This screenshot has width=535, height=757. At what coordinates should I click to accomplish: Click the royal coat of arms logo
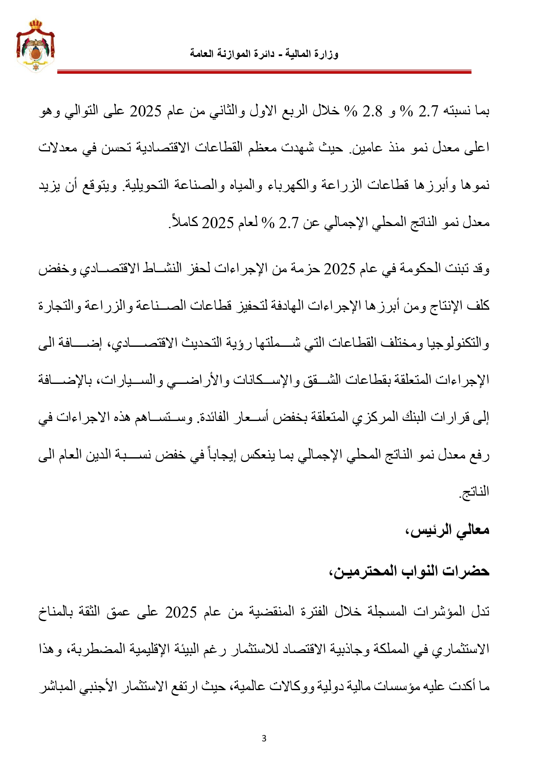click(35, 45)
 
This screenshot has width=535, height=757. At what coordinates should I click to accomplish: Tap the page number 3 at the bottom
click(264, 738)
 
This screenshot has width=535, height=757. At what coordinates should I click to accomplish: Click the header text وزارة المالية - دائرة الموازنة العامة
click(264, 54)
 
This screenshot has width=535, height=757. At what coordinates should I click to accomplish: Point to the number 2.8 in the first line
click(372, 112)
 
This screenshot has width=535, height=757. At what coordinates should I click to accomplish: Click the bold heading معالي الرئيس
click(448, 530)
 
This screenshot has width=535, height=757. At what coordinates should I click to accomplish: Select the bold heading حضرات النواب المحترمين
click(410, 571)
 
